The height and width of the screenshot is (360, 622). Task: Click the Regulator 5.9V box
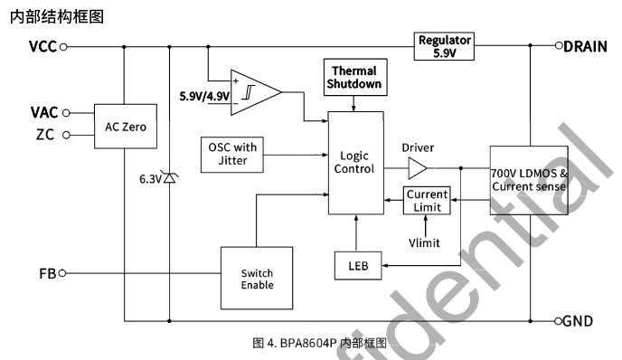point(444,46)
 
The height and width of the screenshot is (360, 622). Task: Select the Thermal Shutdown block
point(355,78)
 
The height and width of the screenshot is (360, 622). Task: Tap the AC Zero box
point(126,127)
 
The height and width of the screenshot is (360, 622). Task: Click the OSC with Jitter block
point(232,155)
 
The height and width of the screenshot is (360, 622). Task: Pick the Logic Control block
point(356,163)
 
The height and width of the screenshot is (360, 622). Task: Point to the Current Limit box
point(427,201)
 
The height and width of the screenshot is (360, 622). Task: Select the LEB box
point(358,266)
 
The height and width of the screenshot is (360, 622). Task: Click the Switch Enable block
point(257,278)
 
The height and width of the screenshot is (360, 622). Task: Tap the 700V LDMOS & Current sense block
point(529,180)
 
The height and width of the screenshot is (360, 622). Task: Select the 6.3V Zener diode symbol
point(170,178)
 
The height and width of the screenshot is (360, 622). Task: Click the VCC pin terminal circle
point(63,47)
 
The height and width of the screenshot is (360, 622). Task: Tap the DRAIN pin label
point(585,46)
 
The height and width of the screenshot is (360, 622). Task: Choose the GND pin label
point(578,321)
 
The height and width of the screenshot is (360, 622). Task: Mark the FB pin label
point(48,273)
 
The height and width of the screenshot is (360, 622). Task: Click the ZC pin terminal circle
point(66,136)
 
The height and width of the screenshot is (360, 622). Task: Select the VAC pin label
point(44,113)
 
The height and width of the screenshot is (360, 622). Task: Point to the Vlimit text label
point(424,242)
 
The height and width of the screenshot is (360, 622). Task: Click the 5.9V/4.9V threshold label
point(204,96)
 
